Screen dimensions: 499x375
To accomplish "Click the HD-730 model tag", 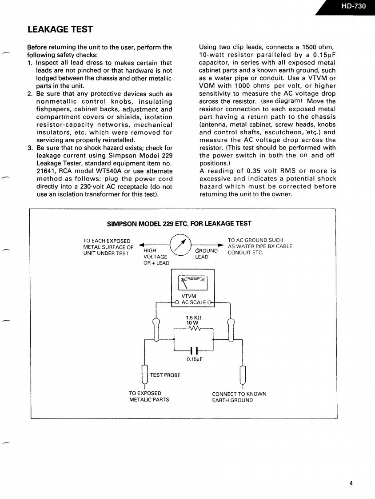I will [x=354, y=7].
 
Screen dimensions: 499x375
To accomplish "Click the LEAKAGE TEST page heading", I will [x=60, y=29].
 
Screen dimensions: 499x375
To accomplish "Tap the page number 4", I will [x=351, y=483].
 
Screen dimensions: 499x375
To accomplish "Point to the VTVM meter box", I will [x=192, y=288].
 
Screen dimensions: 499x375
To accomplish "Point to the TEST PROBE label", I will [x=165, y=375].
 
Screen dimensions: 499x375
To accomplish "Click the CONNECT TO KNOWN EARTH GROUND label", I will [x=239, y=397].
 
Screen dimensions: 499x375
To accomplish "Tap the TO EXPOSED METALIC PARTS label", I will [x=149, y=396].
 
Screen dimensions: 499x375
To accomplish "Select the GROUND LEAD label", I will [x=207, y=254].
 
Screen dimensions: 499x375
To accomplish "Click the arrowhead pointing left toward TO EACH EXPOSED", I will [x=142, y=244].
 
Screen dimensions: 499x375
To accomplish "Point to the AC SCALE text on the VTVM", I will [x=194, y=302].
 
